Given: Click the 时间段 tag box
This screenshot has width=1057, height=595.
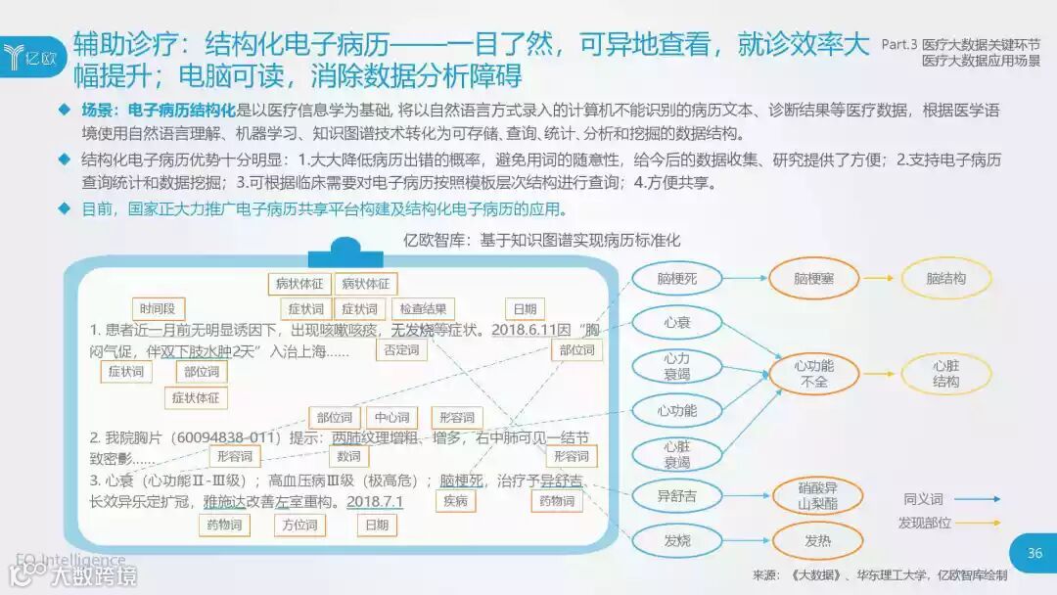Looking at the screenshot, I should coord(159,309).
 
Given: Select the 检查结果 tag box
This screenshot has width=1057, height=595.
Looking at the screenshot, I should coord(425,309).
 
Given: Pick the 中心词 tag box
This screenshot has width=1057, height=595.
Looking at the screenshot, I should coord(391,418).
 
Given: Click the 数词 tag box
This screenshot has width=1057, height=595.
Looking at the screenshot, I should coord(348,456).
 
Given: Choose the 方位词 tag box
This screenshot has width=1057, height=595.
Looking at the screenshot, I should coord(300,526).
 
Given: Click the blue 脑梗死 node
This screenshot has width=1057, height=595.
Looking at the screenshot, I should coord(678,279).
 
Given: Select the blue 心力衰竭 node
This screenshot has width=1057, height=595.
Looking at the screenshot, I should coord(676,367).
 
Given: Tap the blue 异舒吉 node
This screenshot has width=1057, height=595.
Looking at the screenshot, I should coord(678,496).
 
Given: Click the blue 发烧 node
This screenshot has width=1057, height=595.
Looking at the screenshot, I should coord(677,540).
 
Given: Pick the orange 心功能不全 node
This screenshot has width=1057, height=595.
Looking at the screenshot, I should coord(814,374).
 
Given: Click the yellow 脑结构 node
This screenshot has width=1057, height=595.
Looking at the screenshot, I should coord(945,279).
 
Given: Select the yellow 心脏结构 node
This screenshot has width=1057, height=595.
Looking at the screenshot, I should coord(945,374).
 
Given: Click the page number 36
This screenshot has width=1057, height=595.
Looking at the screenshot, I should coord(1034,553).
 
